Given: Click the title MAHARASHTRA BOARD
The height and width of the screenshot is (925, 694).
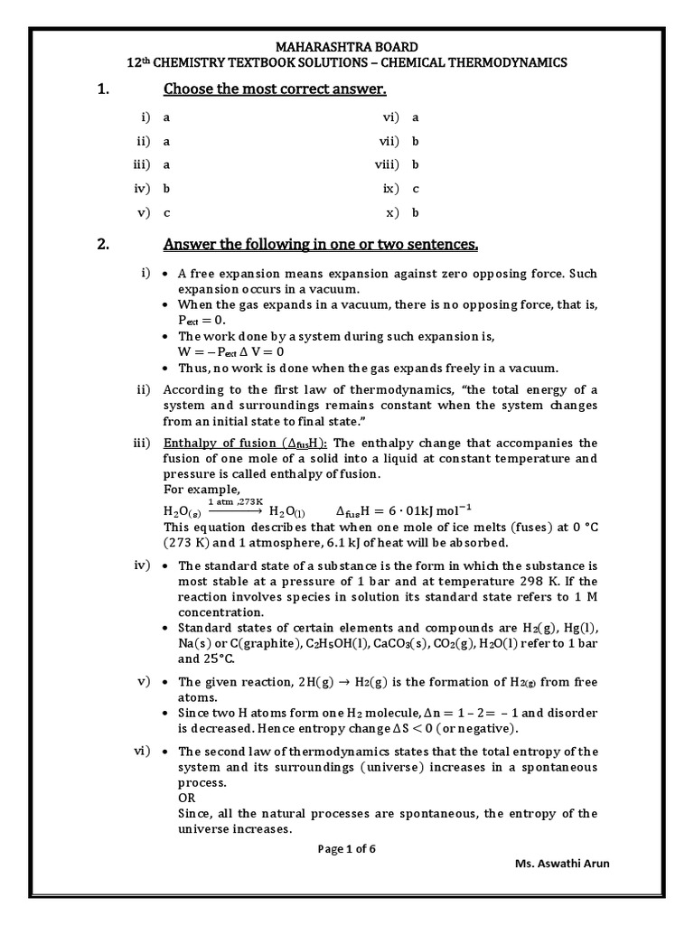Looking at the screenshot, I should [x=347, y=46].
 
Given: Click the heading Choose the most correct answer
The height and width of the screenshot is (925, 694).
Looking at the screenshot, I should [x=275, y=89].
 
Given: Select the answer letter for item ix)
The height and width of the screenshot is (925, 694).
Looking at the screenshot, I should [x=416, y=189].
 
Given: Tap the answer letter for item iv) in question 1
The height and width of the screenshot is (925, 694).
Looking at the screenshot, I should [x=167, y=189].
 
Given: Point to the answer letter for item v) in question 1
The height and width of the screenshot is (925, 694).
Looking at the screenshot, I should [x=166, y=213].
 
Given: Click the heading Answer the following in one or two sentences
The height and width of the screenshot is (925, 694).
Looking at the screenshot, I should [x=320, y=245].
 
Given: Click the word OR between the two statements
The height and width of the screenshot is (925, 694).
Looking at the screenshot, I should [x=187, y=799].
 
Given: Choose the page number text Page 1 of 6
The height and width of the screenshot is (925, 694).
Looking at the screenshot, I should [x=347, y=849].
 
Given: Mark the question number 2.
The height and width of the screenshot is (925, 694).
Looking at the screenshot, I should [x=102, y=245].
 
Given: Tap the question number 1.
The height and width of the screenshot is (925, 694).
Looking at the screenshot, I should [x=102, y=89].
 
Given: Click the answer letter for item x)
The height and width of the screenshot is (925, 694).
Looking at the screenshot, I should [x=416, y=213].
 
